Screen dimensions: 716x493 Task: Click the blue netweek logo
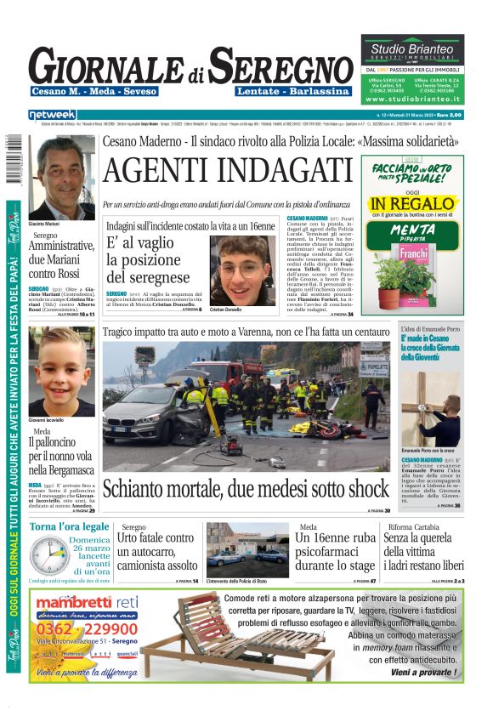tap(52, 115)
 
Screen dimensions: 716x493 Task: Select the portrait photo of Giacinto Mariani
tap(61, 177)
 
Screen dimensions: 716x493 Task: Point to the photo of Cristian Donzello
tap(243, 269)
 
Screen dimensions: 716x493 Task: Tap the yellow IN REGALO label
tap(412, 203)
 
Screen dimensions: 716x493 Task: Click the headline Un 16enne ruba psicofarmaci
tap(336, 552)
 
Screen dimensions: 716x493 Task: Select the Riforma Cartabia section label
tap(412, 527)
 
